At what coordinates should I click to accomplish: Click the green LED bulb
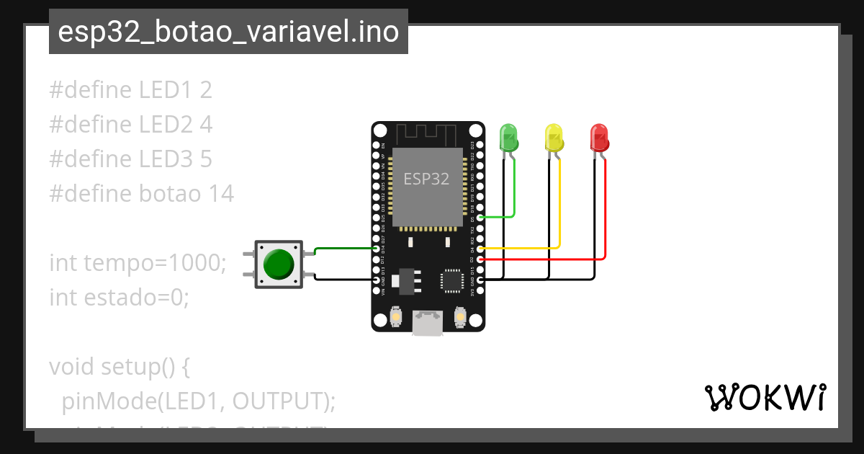508,137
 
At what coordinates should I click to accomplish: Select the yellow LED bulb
554,137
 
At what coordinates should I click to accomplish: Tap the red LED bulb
599,137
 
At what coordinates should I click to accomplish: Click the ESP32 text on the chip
426,179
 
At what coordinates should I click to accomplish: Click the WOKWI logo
765,397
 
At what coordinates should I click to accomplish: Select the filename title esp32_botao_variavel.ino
228,32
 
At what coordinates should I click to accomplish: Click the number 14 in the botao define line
221,193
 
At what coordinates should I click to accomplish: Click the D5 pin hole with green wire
480,217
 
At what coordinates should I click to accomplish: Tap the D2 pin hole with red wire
480,258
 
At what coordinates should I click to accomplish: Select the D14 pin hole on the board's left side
376,248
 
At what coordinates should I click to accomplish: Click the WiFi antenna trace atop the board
427,134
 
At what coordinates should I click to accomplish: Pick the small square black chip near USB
452,280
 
